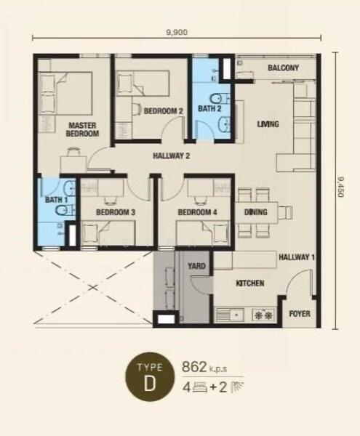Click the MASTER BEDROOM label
[82, 129]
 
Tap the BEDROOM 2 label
[164, 111]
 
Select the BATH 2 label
[209, 108]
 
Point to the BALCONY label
[283, 68]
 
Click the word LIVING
[268, 124]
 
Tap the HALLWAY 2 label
[171, 156]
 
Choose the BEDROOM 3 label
[116, 212]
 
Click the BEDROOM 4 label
[197, 212]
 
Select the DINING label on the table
[256, 212]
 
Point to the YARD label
[196, 266]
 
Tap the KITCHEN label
[250, 283]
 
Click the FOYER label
[300, 314]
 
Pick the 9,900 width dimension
[177, 33]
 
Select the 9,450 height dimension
[340, 187]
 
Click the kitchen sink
[230, 315]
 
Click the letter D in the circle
[150, 384]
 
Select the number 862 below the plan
[194, 367]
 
